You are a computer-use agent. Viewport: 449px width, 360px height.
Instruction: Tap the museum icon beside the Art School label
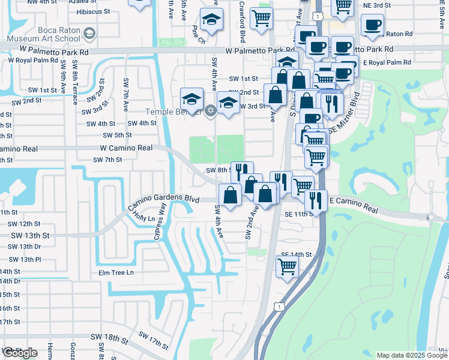click(90, 33)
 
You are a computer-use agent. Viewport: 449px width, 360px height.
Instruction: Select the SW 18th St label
click(109, 340)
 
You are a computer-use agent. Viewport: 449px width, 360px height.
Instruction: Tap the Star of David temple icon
click(209, 110)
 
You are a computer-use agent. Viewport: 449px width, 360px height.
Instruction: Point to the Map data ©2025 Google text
click(411, 355)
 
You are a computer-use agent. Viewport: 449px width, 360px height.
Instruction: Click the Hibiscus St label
click(90, 11)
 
